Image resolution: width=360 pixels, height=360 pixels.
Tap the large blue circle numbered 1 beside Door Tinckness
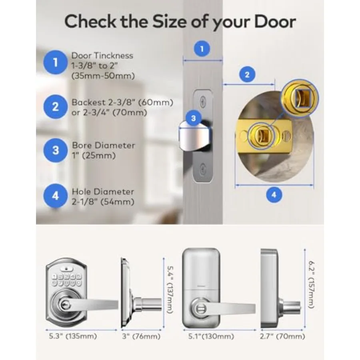(x=55, y=62)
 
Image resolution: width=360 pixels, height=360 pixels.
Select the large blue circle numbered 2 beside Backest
(x=55, y=107)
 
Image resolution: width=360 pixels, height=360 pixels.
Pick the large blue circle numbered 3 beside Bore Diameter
(x=55, y=150)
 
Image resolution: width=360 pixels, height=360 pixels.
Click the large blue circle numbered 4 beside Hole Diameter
(x=55, y=196)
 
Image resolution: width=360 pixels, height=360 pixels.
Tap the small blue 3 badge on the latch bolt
(x=193, y=118)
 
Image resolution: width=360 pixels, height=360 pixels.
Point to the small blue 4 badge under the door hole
(x=274, y=195)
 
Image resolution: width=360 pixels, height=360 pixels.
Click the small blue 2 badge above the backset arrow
(x=247, y=75)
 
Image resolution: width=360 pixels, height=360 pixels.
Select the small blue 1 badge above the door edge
(x=202, y=49)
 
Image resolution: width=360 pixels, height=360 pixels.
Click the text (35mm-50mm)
(x=103, y=76)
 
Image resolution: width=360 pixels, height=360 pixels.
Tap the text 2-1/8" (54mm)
(x=103, y=202)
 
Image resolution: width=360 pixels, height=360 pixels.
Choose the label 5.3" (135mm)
(x=73, y=336)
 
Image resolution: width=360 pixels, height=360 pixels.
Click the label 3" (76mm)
(x=141, y=336)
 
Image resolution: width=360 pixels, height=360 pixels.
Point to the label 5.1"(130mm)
(x=211, y=336)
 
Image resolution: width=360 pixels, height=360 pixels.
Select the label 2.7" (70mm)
(x=282, y=336)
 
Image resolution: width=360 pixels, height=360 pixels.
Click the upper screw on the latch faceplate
(x=203, y=101)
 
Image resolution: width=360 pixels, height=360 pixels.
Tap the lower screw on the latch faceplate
(x=203, y=169)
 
